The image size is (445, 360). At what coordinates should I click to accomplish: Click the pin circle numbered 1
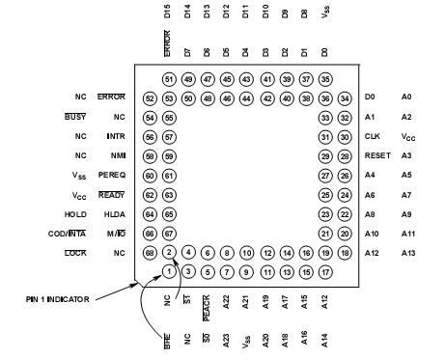(x=168, y=271)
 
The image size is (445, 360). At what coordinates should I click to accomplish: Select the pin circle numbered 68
(x=149, y=253)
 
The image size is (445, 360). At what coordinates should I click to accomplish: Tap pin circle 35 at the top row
(x=324, y=79)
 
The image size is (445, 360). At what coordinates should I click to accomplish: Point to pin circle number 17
(x=324, y=271)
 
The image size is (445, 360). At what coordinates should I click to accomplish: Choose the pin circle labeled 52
(x=149, y=97)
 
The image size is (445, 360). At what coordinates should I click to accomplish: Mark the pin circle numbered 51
(x=169, y=79)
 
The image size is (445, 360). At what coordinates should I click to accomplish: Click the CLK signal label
(x=373, y=136)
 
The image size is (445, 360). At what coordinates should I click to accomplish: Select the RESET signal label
(x=376, y=155)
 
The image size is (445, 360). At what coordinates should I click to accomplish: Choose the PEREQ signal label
(x=113, y=175)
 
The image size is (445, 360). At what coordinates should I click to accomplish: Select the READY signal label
(x=113, y=194)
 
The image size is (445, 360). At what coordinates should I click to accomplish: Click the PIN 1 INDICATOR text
(x=58, y=299)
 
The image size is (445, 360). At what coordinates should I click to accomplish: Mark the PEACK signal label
(x=208, y=308)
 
